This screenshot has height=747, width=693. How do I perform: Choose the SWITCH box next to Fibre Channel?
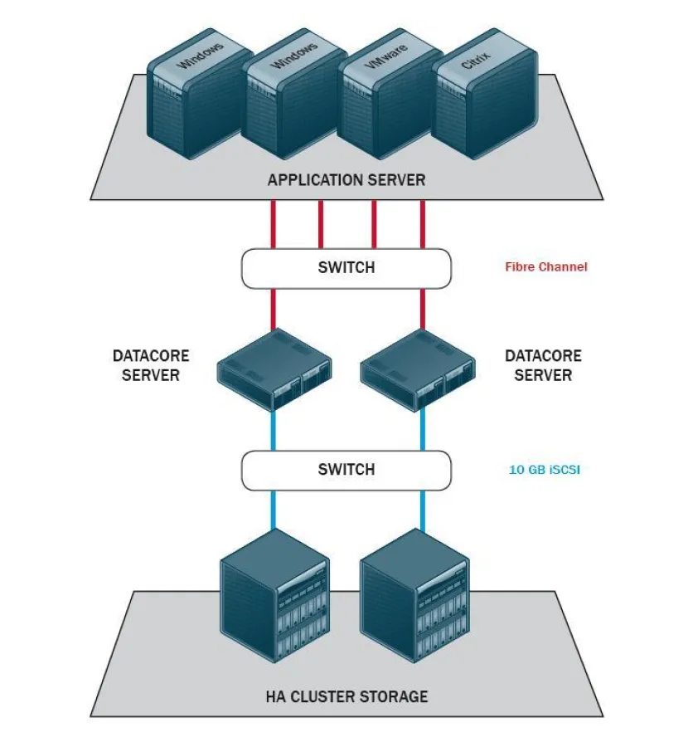tap(346, 268)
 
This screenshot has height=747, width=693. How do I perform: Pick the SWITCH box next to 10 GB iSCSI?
tap(346, 470)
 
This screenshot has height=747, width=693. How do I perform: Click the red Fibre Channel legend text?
tap(545, 267)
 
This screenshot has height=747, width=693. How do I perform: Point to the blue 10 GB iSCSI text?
tap(543, 470)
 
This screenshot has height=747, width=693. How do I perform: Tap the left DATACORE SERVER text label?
tap(151, 365)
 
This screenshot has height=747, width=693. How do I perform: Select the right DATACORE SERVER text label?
tap(543, 365)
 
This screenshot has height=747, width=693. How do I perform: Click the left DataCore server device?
tap(274, 369)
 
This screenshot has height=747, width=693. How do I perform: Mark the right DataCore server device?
tap(419, 369)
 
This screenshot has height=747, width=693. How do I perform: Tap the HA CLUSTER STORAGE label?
tap(346, 696)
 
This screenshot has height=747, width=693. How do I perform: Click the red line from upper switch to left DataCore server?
tap(273, 309)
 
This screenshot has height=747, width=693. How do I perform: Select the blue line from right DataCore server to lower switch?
tap(423, 429)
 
